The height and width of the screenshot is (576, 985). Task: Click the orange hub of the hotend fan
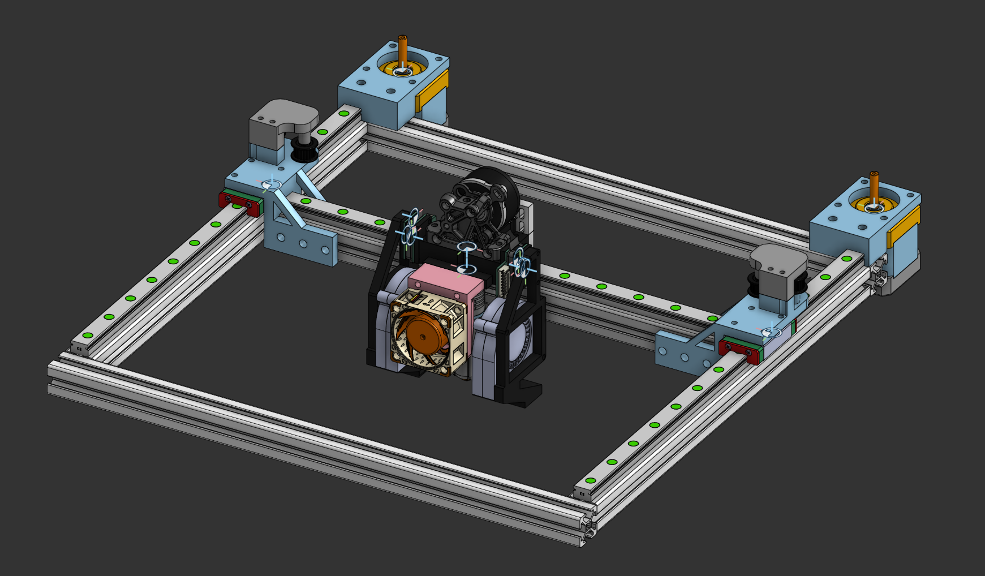[x=423, y=337]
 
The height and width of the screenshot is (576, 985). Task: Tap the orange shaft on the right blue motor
[x=874, y=187]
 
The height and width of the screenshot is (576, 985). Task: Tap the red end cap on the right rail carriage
[x=738, y=350]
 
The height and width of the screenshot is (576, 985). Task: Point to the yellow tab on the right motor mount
[x=903, y=227]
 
